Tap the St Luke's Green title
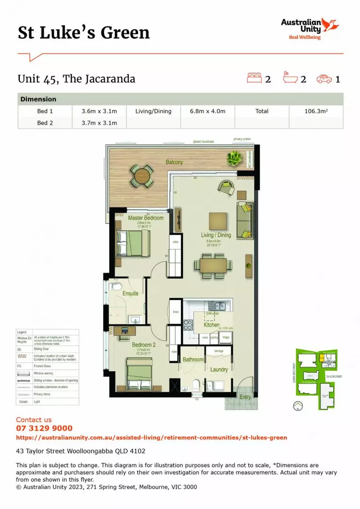[84, 33]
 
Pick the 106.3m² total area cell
[316, 111]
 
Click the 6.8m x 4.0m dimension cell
[207, 111]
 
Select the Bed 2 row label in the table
[45, 123]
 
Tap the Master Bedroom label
[146, 218]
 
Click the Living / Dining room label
[216, 235]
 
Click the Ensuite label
[131, 294]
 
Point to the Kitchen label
[212, 325]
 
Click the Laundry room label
[219, 370]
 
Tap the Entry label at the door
[245, 397]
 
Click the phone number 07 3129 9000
[44, 428]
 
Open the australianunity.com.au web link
[151, 438]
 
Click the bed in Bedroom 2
[139, 373]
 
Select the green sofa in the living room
[245, 220]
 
